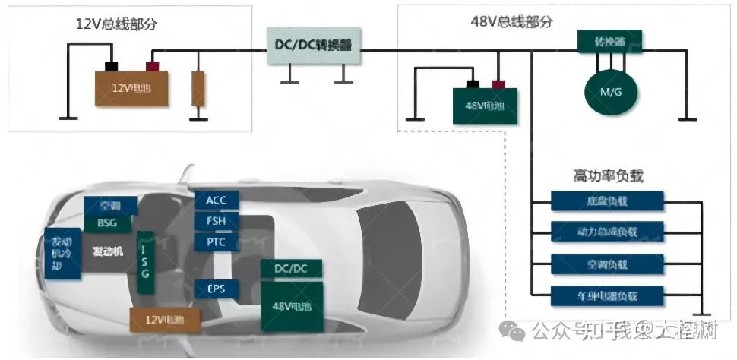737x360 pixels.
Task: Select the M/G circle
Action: [x=610, y=92]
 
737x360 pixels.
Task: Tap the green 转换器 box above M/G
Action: [x=610, y=40]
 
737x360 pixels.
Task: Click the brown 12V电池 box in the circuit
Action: [x=131, y=87]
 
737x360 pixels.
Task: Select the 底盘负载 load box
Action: [x=607, y=201]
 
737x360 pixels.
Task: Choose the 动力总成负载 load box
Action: [x=607, y=230]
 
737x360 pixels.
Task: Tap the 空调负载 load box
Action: [x=607, y=263]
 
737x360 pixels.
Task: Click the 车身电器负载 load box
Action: [x=607, y=294]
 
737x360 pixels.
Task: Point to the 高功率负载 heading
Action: [x=608, y=176]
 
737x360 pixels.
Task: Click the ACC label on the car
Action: [x=217, y=200]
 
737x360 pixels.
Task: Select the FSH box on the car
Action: [x=217, y=221]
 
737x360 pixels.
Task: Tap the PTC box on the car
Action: [x=217, y=242]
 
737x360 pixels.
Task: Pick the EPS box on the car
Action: [x=217, y=289]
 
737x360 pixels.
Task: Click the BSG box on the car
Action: [x=109, y=223]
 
